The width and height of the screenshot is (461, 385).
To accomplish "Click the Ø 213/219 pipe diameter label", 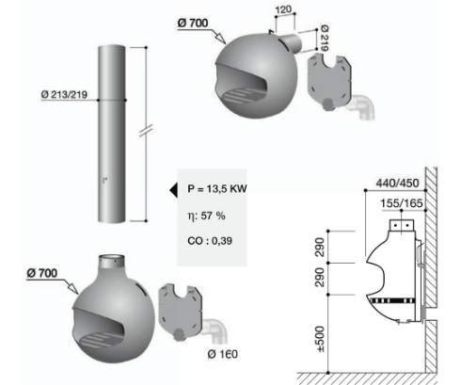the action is (x=64, y=94).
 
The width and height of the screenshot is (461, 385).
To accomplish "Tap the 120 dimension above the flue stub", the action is (x=283, y=9).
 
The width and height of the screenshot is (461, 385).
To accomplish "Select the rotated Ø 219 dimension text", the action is (x=325, y=38).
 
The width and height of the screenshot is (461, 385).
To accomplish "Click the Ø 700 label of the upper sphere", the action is (x=193, y=23).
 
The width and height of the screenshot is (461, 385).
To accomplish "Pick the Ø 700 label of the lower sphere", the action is (x=42, y=273).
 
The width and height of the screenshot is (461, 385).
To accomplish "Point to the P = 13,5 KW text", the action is (x=217, y=188).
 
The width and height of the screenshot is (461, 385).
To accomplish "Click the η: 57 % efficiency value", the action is (x=206, y=216).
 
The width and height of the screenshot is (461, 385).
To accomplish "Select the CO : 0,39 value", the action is (x=210, y=241).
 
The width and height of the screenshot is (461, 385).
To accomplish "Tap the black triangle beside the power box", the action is (x=173, y=190).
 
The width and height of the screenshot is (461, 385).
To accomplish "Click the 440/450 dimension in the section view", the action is (x=398, y=183).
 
